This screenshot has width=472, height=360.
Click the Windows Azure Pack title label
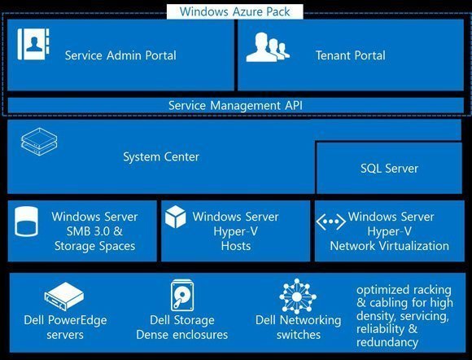pyautogui.click(x=235, y=11)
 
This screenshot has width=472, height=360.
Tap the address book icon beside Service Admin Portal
pyautogui.click(x=33, y=44)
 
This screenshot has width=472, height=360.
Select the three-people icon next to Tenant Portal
pyautogui.click(x=268, y=47)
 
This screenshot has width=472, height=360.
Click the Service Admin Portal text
pyautogui.click(x=120, y=55)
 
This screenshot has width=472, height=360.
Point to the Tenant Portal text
pyautogui.click(x=351, y=55)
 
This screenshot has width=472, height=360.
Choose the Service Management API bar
pyautogui.click(x=235, y=105)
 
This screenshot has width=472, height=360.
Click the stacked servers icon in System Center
pyautogui.click(x=39, y=142)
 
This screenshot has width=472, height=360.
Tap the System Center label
pyautogui.click(x=161, y=157)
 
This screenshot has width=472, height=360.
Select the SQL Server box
pyautogui.click(x=389, y=168)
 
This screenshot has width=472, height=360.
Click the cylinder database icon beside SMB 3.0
pyautogui.click(x=27, y=222)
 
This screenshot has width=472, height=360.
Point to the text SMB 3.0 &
pyautogui.click(x=94, y=231)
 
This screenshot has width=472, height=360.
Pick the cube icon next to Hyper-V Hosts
pyautogui.click(x=176, y=217)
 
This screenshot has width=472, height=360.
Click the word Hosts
pyautogui.click(x=236, y=246)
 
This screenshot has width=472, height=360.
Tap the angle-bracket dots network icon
pyautogui.click(x=331, y=222)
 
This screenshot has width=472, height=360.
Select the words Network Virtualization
pyautogui.click(x=389, y=246)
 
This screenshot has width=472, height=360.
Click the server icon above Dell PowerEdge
pyautogui.click(x=64, y=296)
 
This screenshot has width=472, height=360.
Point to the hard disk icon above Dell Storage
pyautogui.click(x=182, y=295)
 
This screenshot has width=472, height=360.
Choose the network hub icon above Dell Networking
pyautogui.click(x=297, y=296)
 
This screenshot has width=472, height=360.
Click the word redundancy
pyautogui.click(x=387, y=343)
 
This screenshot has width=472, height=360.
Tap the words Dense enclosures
pyautogui.click(x=181, y=335)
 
